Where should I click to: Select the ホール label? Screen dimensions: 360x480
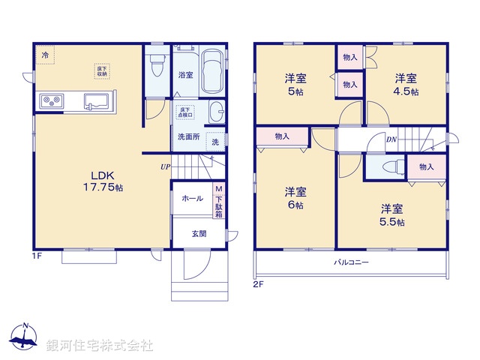click(x=192, y=199)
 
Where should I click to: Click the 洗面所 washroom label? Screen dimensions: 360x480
click(x=188, y=136)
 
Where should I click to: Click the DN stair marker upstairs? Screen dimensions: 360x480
click(x=391, y=139)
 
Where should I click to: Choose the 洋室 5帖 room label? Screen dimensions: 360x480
click(x=294, y=84)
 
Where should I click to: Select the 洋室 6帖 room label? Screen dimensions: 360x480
click(x=294, y=197)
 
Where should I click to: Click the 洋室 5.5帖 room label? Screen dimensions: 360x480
click(x=391, y=215)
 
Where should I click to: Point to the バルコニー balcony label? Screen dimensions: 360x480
click(x=352, y=262)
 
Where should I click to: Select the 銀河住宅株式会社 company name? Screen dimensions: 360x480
click(x=100, y=346)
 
